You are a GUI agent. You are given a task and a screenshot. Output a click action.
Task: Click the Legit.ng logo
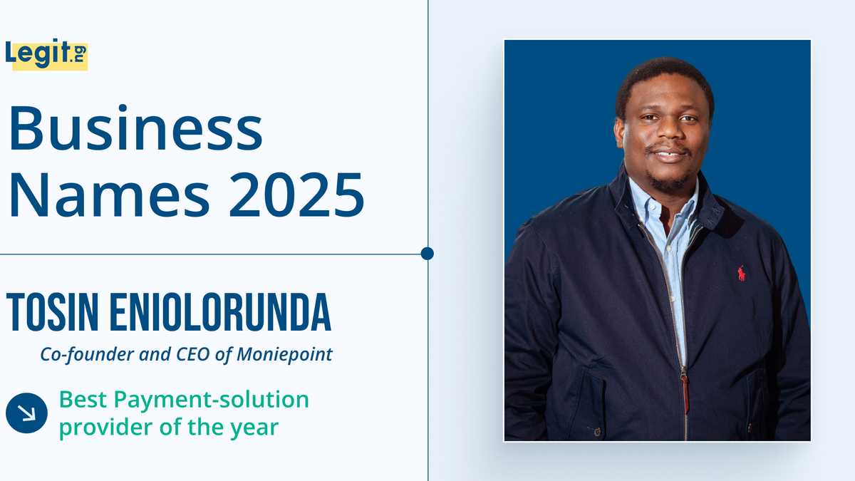click(46, 54)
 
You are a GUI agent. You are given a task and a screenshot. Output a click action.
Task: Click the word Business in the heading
click(136, 128)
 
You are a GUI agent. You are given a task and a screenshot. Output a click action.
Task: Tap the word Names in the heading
click(109, 195)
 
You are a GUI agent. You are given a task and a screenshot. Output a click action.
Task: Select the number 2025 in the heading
click(296, 195)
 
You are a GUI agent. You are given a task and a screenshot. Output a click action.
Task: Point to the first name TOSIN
click(53, 312)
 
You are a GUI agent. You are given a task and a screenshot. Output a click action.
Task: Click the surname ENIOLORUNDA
click(221, 312)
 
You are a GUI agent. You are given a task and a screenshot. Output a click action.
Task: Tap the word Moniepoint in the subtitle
click(284, 355)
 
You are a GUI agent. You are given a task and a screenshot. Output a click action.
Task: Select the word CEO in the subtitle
click(193, 354)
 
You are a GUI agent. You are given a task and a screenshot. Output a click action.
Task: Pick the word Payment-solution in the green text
click(212, 400)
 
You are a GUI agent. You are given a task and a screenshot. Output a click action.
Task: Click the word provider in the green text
click(105, 428)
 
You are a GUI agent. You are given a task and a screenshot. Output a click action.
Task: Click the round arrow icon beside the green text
click(27, 413)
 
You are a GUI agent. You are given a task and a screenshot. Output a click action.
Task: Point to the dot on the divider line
click(427, 254)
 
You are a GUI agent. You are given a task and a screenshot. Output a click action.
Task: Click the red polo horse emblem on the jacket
click(741, 274)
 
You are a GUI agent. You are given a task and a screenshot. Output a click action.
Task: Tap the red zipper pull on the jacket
click(685, 394)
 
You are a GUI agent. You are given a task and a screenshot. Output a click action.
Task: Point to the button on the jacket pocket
click(597, 432)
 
